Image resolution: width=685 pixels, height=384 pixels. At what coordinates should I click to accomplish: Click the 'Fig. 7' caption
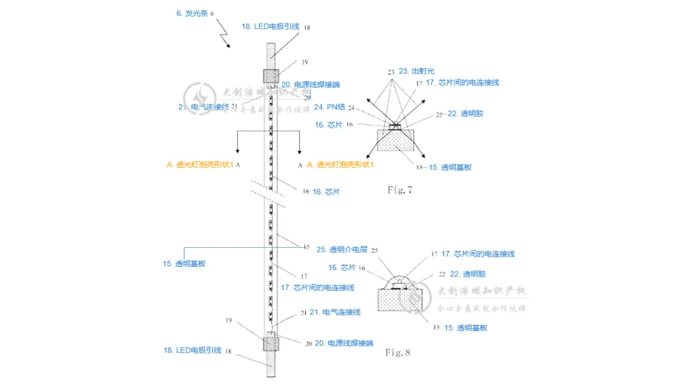400,189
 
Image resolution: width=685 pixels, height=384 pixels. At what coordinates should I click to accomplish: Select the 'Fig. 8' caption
398,352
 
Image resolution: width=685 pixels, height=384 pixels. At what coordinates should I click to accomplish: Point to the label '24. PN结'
328,106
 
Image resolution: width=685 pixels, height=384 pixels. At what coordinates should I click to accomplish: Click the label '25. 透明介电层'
342,250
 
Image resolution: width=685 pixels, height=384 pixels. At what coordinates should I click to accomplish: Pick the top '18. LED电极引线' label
270,27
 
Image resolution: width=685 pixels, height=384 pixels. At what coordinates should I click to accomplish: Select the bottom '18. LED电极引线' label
192,350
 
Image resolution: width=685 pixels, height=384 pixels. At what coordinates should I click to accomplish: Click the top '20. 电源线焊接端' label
319,84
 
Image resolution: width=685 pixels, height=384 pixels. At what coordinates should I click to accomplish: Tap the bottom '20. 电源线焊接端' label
350,343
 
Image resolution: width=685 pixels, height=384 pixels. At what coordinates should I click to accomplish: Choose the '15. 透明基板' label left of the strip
184,264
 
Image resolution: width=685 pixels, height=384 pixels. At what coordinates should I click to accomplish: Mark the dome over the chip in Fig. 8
398,279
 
